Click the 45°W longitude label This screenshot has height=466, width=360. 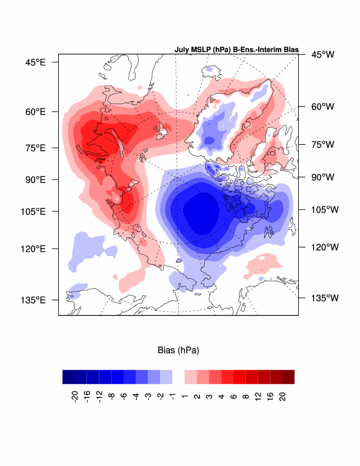pos(322,55)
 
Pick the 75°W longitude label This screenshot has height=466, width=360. pos(322,144)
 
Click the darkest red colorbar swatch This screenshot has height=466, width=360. pos(288,377)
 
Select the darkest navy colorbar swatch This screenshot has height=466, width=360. pos(68,377)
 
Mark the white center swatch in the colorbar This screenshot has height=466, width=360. pos(178,377)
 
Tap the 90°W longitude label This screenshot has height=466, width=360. pos(322,177)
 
